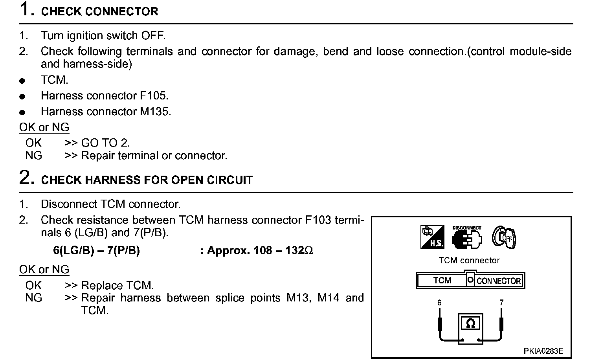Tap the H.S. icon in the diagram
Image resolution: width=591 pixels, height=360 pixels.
(432, 237)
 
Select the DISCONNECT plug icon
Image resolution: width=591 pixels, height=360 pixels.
(466, 238)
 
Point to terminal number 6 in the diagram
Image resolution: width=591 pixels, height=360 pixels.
(439, 303)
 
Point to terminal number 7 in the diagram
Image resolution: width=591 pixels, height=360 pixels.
(501, 303)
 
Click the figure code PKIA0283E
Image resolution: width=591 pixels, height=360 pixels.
(543, 351)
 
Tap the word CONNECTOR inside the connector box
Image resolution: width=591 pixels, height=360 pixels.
(498, 281)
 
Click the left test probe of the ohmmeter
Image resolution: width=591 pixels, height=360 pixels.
(440, 325)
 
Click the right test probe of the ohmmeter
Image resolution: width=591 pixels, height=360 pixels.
(501, 325)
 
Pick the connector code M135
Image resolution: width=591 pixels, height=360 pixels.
(155, 111)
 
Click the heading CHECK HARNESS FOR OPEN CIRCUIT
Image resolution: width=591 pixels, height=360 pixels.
(147, 180)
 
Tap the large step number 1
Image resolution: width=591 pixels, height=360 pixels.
(25, 9)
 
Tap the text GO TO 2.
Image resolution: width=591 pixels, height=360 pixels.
(105, 143)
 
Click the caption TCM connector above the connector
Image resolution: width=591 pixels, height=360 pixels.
(469, 260)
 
